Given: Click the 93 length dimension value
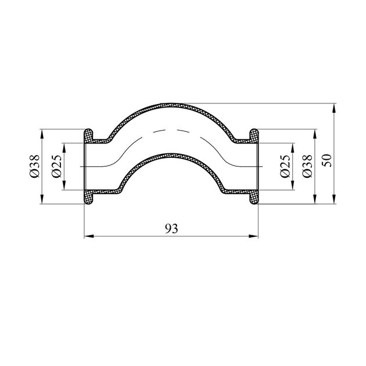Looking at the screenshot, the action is [171, 228].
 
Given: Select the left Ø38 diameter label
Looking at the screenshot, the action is [35, 166].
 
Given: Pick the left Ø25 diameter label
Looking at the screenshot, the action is [56, 166].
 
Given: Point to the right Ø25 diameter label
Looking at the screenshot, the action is [285, 166].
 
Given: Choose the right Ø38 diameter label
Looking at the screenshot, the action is [307, 166].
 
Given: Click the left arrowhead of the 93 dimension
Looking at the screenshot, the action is [89, 236].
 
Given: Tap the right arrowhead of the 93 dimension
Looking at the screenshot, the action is [253, 236].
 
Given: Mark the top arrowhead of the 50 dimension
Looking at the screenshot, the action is [334, 108].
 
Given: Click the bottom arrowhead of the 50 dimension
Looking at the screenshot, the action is [334, 199].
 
